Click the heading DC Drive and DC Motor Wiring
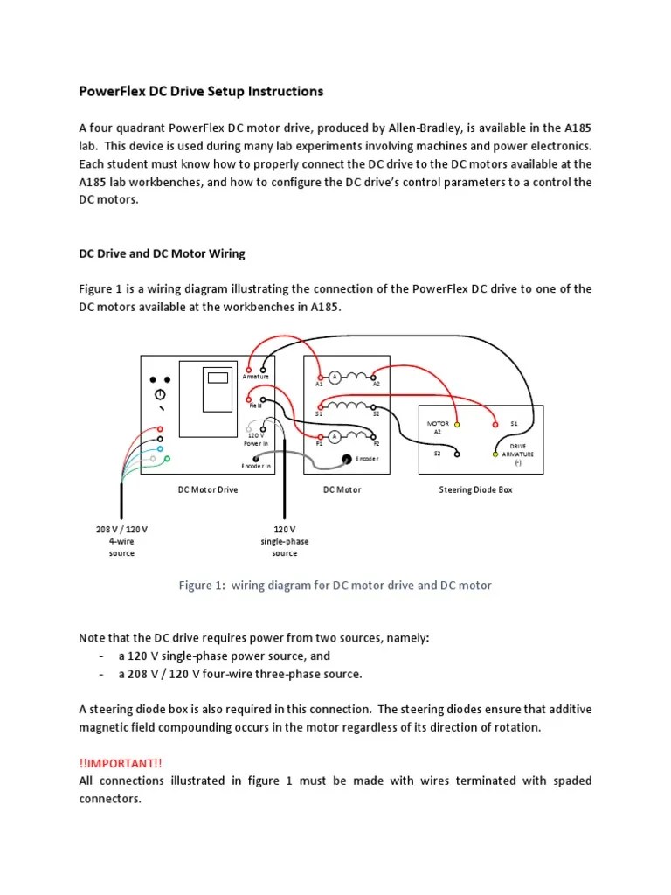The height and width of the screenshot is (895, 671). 163,253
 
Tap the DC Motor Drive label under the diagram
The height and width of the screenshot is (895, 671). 208,490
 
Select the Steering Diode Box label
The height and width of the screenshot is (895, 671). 475,490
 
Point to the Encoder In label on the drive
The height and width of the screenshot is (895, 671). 257,467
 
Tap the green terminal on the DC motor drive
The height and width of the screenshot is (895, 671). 167,458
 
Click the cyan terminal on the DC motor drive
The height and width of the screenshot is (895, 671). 160,448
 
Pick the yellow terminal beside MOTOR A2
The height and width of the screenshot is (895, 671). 457,425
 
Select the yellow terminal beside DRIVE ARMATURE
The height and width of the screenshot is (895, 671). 495,454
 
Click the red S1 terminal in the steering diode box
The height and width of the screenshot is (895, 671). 497,425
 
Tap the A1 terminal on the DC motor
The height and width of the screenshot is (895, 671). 320,378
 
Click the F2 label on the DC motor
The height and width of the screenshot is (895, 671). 376,444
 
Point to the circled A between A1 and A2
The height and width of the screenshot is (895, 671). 334,377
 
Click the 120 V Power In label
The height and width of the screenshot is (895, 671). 256,439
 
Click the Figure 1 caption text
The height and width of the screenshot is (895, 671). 335,586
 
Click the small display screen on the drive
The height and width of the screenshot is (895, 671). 218,378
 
